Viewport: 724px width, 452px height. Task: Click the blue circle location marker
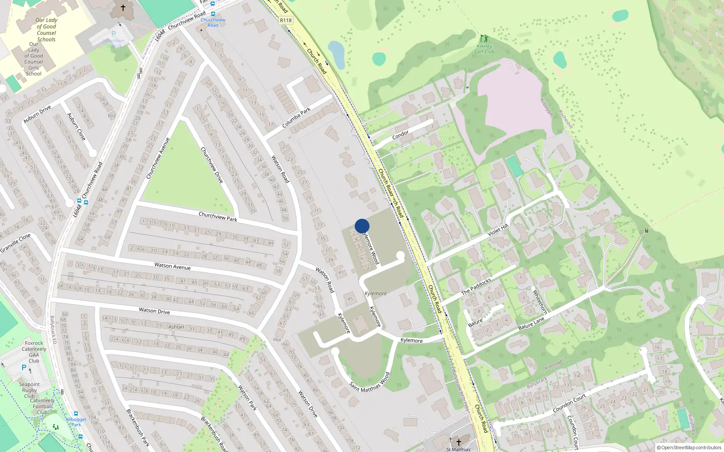pos(362,226)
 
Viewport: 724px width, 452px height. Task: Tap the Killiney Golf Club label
pos(484,49)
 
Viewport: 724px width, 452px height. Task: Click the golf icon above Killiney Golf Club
pos(484,39)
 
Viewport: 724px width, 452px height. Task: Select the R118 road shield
pos(286,20)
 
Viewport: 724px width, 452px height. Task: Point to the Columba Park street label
pos(296,117)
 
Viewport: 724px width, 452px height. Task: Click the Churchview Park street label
pos(218,217)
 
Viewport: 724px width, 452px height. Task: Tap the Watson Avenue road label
pos(172,266)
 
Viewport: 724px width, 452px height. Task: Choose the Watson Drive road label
pos(154,311)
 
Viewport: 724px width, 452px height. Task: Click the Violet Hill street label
pos(498,230)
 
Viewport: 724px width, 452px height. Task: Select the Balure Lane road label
pos(531,323)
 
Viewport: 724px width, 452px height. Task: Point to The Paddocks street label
pos(476,287)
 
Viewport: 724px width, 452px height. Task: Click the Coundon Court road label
pos(569,403)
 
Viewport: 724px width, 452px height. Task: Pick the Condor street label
pos(400,134)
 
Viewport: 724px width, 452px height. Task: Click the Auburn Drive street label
pos(37,114)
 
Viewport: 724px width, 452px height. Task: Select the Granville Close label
pos(15,243)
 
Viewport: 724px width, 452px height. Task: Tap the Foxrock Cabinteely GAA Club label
pos(34,352)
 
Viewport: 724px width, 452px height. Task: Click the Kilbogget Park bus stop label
pos(76,421)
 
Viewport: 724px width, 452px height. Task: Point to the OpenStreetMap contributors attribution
pos(689,447)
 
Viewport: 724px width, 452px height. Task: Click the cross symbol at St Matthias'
pos(458,442)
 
